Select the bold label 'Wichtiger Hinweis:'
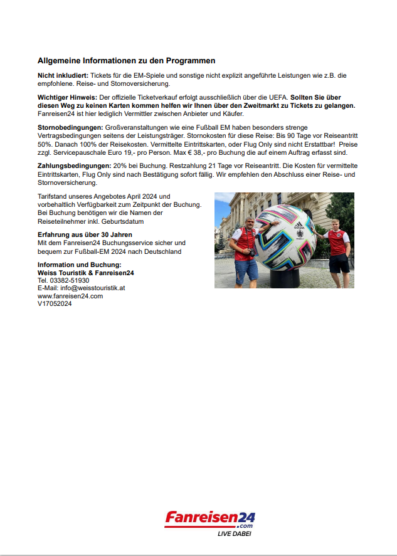click(x=67, y=98)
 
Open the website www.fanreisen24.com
click(x=70, y=296)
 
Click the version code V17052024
click(x=55, y=303)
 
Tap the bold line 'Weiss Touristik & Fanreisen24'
click(x=85, y=273)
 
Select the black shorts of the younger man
click(x=339, y=263)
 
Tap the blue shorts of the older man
click(x=246, y=269)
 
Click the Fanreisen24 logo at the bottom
click(x=210, y=519)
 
